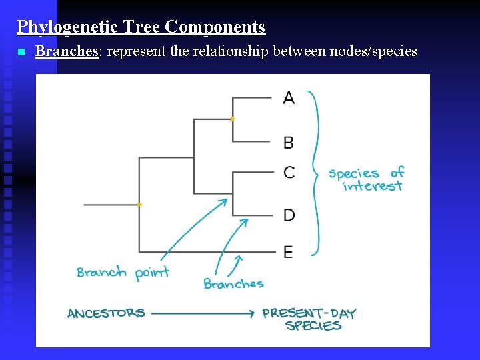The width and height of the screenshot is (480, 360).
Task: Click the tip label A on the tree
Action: pos(289,98)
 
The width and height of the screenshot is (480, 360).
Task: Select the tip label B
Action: pos(289,142)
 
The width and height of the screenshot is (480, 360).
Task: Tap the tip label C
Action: pos(289,172)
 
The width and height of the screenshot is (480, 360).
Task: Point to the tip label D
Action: pos(289,215)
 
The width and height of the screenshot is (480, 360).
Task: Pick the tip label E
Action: pos(288,251)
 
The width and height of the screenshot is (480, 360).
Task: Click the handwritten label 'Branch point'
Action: pos(123,272)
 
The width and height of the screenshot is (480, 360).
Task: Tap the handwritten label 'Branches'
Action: pos(233,284)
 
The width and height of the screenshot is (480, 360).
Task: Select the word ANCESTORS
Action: pos(106,313)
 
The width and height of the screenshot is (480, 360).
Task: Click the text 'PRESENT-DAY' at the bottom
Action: pos(309,313)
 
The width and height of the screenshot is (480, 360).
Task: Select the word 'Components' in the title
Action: pos(215,27)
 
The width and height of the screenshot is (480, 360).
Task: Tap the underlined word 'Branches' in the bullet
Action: pos(67,51)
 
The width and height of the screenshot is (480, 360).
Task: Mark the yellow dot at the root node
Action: pos(139,205)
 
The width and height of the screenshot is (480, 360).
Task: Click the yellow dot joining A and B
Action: pos(232,119)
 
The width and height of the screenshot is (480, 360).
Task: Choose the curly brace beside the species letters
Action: pos(314,173)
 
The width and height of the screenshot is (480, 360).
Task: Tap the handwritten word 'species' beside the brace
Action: pos(353,174)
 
